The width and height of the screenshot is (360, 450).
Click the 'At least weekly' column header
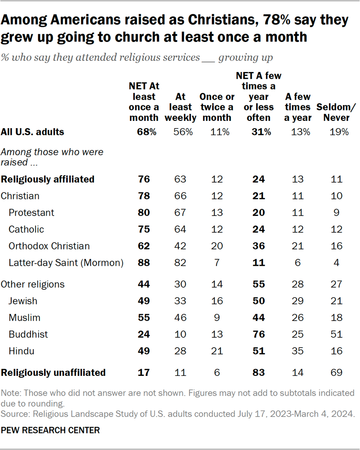(180, 107)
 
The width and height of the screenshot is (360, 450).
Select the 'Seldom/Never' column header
(333, 112)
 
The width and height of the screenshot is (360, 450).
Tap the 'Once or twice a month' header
(217, 107)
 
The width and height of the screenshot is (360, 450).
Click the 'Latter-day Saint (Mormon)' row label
(66, 263)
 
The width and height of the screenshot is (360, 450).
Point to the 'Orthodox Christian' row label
(49, 246)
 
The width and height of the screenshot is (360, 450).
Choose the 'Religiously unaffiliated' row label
(54, 372)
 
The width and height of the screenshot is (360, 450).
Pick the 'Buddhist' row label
(28, 334)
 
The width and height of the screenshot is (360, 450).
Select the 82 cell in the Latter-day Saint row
(180, 263)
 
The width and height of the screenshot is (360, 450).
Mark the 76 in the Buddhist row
(258, 334)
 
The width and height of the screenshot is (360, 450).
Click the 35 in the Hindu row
(297, 351)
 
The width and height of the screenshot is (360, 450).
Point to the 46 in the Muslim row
(180, 318)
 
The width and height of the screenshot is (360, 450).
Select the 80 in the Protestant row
(144, 213)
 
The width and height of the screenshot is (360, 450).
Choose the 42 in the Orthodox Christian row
(180, 246)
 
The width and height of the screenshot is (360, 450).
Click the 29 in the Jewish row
(297, 301)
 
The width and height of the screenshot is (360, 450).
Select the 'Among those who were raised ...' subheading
(52, 156)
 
